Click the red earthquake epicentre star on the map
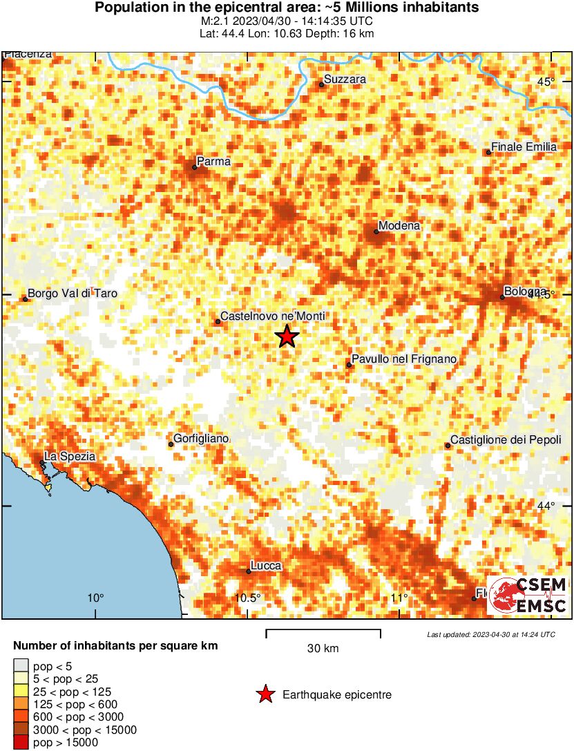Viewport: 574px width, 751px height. [x=287, y=336]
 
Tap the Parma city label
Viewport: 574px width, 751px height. [x=213, y=161]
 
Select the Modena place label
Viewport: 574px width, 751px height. [x=399, y=226]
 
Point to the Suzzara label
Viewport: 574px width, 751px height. [x=345, y=79]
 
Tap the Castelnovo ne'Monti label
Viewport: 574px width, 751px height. [x=272, y=316]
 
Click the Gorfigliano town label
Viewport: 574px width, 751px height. [x=201, y=439]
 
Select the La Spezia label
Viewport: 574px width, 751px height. [x=69, y=457]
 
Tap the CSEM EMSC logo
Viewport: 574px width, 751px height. [x=527, y=595]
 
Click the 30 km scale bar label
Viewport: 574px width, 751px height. [x=323, y=649]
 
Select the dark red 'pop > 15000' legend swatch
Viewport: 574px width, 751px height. [x=21, y=743]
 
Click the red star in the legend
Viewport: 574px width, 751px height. [x=265, y=695]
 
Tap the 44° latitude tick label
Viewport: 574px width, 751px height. [x=546, y=506]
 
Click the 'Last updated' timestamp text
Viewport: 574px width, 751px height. [x=490, y=634]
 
